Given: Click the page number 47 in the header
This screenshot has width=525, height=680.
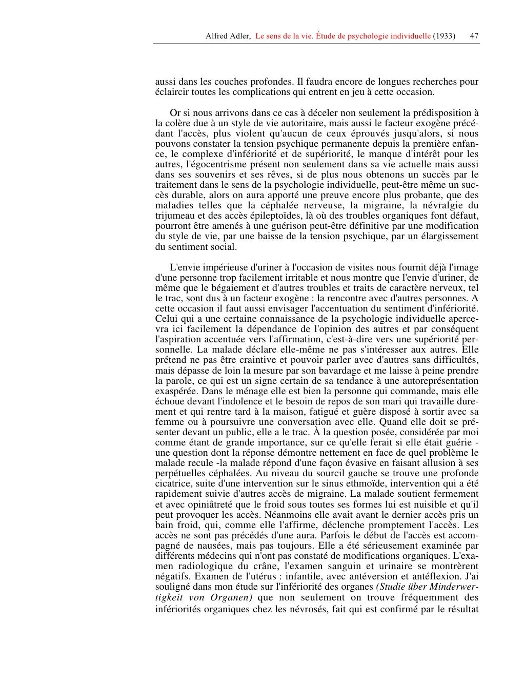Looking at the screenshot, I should pos(474,36).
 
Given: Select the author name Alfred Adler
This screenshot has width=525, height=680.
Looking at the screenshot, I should pos(228,36).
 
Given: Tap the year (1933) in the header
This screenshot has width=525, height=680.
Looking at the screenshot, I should pos(444,36).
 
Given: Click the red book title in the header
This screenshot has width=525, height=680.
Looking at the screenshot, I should pos(343,36).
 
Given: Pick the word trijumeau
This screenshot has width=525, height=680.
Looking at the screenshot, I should pos(175,216).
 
